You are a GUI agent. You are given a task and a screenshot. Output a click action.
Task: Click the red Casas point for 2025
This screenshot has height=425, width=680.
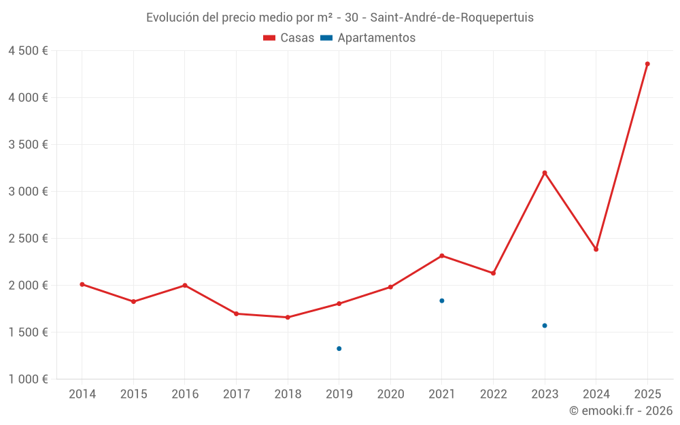point(647,64)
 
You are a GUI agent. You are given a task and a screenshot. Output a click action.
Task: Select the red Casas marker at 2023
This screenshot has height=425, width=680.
point(545,173)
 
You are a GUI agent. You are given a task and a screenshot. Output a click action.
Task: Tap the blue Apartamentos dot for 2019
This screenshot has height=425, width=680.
point(339,349)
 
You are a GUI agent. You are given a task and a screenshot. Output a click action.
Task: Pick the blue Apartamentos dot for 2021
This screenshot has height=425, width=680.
point(442,301)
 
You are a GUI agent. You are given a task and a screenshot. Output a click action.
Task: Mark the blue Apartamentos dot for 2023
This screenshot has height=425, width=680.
point(545,326)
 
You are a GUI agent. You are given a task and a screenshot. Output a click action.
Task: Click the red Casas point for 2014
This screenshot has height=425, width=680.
point(82,284)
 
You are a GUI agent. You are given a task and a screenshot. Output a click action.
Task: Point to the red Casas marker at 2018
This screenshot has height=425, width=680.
point(288,318)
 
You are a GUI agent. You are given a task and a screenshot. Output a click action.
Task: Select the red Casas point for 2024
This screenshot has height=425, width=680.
point(596,250)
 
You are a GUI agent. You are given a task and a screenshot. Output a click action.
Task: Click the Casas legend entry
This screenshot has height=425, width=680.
point(289,38)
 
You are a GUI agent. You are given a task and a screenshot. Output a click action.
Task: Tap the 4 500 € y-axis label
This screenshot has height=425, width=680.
point(28,51)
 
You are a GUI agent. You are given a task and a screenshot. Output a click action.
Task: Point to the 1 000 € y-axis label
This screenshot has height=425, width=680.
point(28,379)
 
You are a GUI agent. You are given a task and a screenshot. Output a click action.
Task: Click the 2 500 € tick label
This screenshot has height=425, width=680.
point(28,239)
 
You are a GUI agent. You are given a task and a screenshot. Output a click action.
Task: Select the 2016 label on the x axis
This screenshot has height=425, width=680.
point(185,394)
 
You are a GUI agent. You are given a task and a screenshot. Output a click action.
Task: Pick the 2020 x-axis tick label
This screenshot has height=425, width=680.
point(390,394)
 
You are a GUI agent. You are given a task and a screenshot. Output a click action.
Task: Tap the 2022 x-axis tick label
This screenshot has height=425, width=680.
point(493,394)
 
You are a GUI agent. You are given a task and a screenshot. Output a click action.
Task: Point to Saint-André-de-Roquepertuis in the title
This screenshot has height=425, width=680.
point(452,18)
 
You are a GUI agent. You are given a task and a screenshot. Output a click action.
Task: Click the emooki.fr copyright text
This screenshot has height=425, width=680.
point(621,411)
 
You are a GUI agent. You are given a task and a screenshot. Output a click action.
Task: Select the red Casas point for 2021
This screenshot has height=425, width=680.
point(442,256)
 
